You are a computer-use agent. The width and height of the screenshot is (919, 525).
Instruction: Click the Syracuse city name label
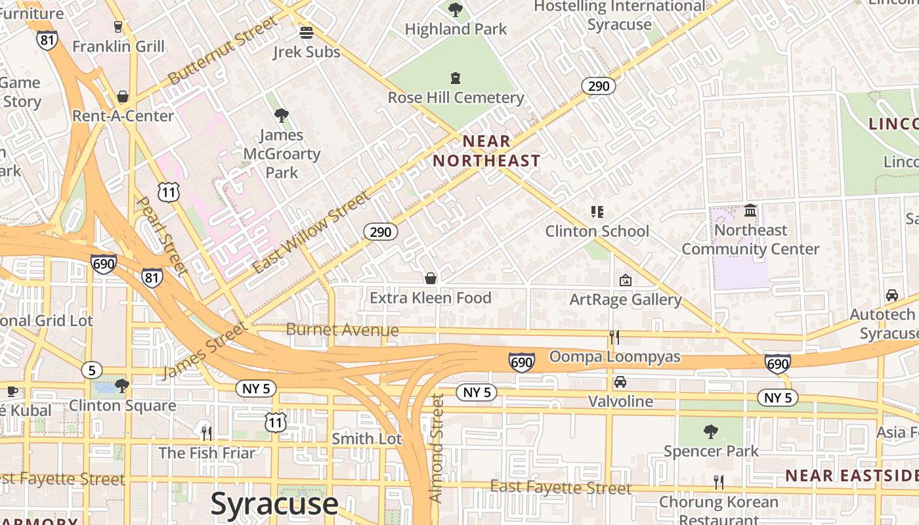coord(274,504)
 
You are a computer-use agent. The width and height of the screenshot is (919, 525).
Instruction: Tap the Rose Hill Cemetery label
coord(456,98)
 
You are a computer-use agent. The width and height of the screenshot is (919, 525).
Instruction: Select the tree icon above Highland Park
coord(456,10)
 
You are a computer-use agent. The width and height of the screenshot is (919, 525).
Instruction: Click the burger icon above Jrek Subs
coord(307,32)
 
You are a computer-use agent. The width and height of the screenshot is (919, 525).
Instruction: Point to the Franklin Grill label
coord(118,47)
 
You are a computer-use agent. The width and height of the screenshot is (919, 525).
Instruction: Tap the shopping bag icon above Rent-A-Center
coord(123,96)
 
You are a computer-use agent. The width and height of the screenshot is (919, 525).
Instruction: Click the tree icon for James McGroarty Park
coord(282,115)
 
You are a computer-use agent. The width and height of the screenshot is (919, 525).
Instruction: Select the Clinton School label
coord(597,231)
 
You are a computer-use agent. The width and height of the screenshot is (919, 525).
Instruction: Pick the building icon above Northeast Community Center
coord(750,211)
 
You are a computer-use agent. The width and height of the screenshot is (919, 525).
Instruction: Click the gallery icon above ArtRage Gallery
coord(626,280)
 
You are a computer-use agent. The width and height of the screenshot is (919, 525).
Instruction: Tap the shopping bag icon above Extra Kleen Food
coord(431,278)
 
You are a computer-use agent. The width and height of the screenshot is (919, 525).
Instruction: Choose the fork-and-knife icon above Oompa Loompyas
coord(614,337)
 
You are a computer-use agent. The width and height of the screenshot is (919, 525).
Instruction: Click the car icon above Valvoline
coord(620,382)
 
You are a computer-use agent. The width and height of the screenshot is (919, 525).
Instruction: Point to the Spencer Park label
coord(711,451)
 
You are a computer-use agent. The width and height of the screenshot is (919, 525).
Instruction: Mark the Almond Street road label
coord(437,448)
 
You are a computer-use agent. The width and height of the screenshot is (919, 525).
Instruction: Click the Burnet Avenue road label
coord(342,329)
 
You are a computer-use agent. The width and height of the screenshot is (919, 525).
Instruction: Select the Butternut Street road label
coord(223,51)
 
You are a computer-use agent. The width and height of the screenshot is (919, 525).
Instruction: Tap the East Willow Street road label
coord(311,232)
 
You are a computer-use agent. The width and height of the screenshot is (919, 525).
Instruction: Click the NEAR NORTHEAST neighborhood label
coord(486,151)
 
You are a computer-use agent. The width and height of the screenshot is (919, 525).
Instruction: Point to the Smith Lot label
coord(366,438)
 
